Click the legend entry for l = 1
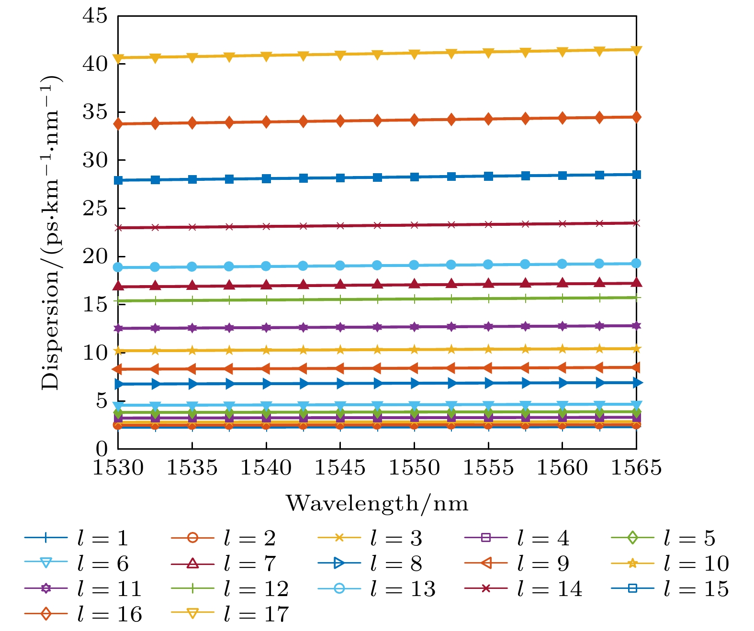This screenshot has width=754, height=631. (x=77, y=538)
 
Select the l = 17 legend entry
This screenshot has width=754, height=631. (x=230, y=614)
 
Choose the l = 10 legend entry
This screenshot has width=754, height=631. (x=670, y=564)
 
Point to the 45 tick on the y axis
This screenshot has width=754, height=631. (x=96, y=16)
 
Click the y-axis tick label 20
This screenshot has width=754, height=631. (x=96, y=257)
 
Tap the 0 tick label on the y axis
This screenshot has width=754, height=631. (x=102, y=449)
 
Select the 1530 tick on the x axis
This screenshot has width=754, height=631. (x=118, y=467)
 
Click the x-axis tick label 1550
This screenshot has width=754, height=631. (x=414, y=467)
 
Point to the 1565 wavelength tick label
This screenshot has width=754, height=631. (x=636, y=467)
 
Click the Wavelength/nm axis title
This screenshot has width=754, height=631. (x=377, y=503)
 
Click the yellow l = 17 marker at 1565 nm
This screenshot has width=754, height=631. (x=636, y=50)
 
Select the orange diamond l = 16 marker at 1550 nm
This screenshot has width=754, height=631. (x=414, y=120)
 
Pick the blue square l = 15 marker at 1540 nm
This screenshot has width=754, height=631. (x=266, y=178)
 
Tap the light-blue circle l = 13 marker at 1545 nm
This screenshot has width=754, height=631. (x=340, y=266)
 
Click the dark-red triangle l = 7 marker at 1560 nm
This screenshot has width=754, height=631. (x=562, y=283)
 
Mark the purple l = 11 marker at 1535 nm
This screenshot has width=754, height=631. (x=192, y=328)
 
